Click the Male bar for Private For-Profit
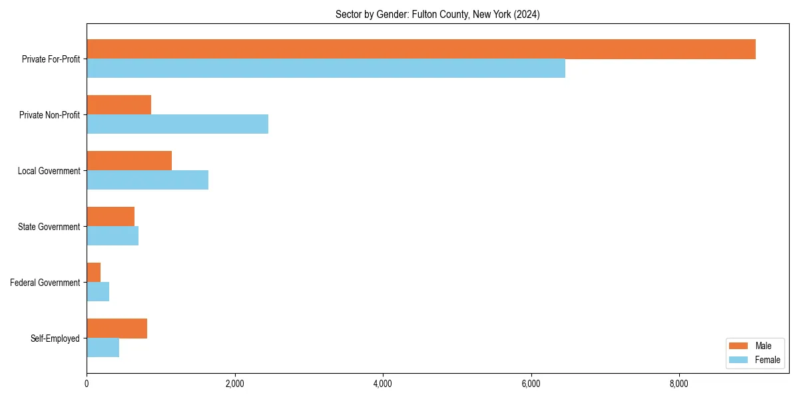pos(421,49)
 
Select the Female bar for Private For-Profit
pos(326,68)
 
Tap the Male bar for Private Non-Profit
pos(119,105)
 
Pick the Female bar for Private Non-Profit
pos(177,124)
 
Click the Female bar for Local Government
pos(147,180)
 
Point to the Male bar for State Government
pos(111,217)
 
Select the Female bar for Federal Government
pos(98,291)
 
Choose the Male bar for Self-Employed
pos(117,329)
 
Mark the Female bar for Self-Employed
pos(103,347)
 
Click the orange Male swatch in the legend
pos(739,346)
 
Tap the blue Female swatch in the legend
pos(739,360)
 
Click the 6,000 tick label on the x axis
pos(531,384)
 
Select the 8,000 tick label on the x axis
pos(679,384)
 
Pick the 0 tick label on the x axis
pos(87,384)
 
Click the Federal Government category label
pos(45,283)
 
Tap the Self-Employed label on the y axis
pos(55,338)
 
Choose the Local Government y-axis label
pos(49,171)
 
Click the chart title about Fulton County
pos(437,15)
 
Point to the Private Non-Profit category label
pos(49,115)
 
